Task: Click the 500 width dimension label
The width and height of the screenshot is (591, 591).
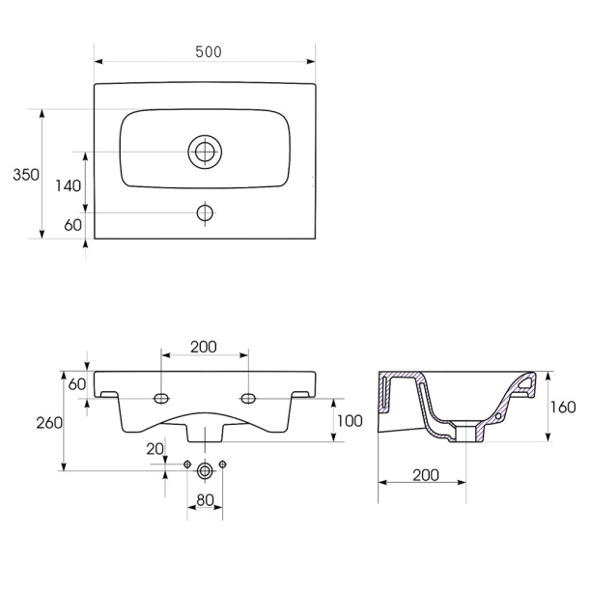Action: (209, 52)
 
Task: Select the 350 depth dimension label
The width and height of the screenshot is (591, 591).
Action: (26, 175)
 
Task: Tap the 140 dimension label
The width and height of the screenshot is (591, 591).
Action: (69, 185)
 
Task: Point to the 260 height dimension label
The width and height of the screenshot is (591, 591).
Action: (49, 423)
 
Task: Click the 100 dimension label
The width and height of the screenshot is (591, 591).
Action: (350, 421)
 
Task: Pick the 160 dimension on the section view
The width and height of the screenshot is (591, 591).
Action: (563, 408)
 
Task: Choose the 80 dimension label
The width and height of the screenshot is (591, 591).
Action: (206, 500)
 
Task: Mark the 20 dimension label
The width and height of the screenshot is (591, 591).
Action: (155, 449)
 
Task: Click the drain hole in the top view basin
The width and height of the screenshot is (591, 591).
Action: (205, 152)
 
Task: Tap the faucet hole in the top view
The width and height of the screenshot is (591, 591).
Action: (205, 213)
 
